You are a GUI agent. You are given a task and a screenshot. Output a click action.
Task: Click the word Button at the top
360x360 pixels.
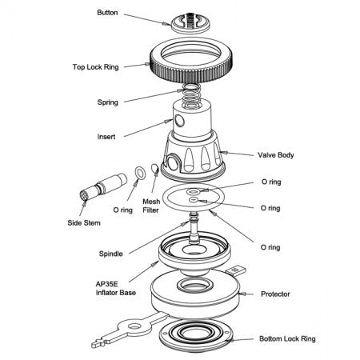coord(107,13)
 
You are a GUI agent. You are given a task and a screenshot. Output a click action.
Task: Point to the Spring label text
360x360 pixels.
coord(108,102)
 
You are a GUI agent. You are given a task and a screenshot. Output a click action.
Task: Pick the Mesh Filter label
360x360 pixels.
coord(152,206)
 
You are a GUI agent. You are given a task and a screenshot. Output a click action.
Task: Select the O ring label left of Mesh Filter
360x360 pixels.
coord(122,210)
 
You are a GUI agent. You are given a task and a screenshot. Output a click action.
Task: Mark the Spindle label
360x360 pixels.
coord(111,254)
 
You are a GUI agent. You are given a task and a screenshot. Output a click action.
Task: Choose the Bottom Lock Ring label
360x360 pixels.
coord(286,339)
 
